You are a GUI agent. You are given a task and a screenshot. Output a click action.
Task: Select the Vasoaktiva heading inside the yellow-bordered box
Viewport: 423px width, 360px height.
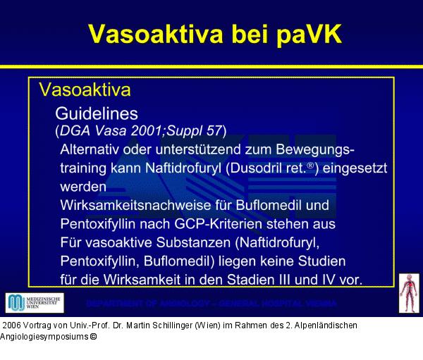coord(85,90)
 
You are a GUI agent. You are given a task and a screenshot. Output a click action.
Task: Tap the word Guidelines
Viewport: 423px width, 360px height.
coord(96,113)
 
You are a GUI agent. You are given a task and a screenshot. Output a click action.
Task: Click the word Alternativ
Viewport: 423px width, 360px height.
coord(90,150)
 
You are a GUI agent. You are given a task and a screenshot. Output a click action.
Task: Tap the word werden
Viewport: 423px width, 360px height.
coord(83,187)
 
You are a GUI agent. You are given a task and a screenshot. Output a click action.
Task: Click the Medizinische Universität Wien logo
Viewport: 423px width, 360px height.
coord(34,303)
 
